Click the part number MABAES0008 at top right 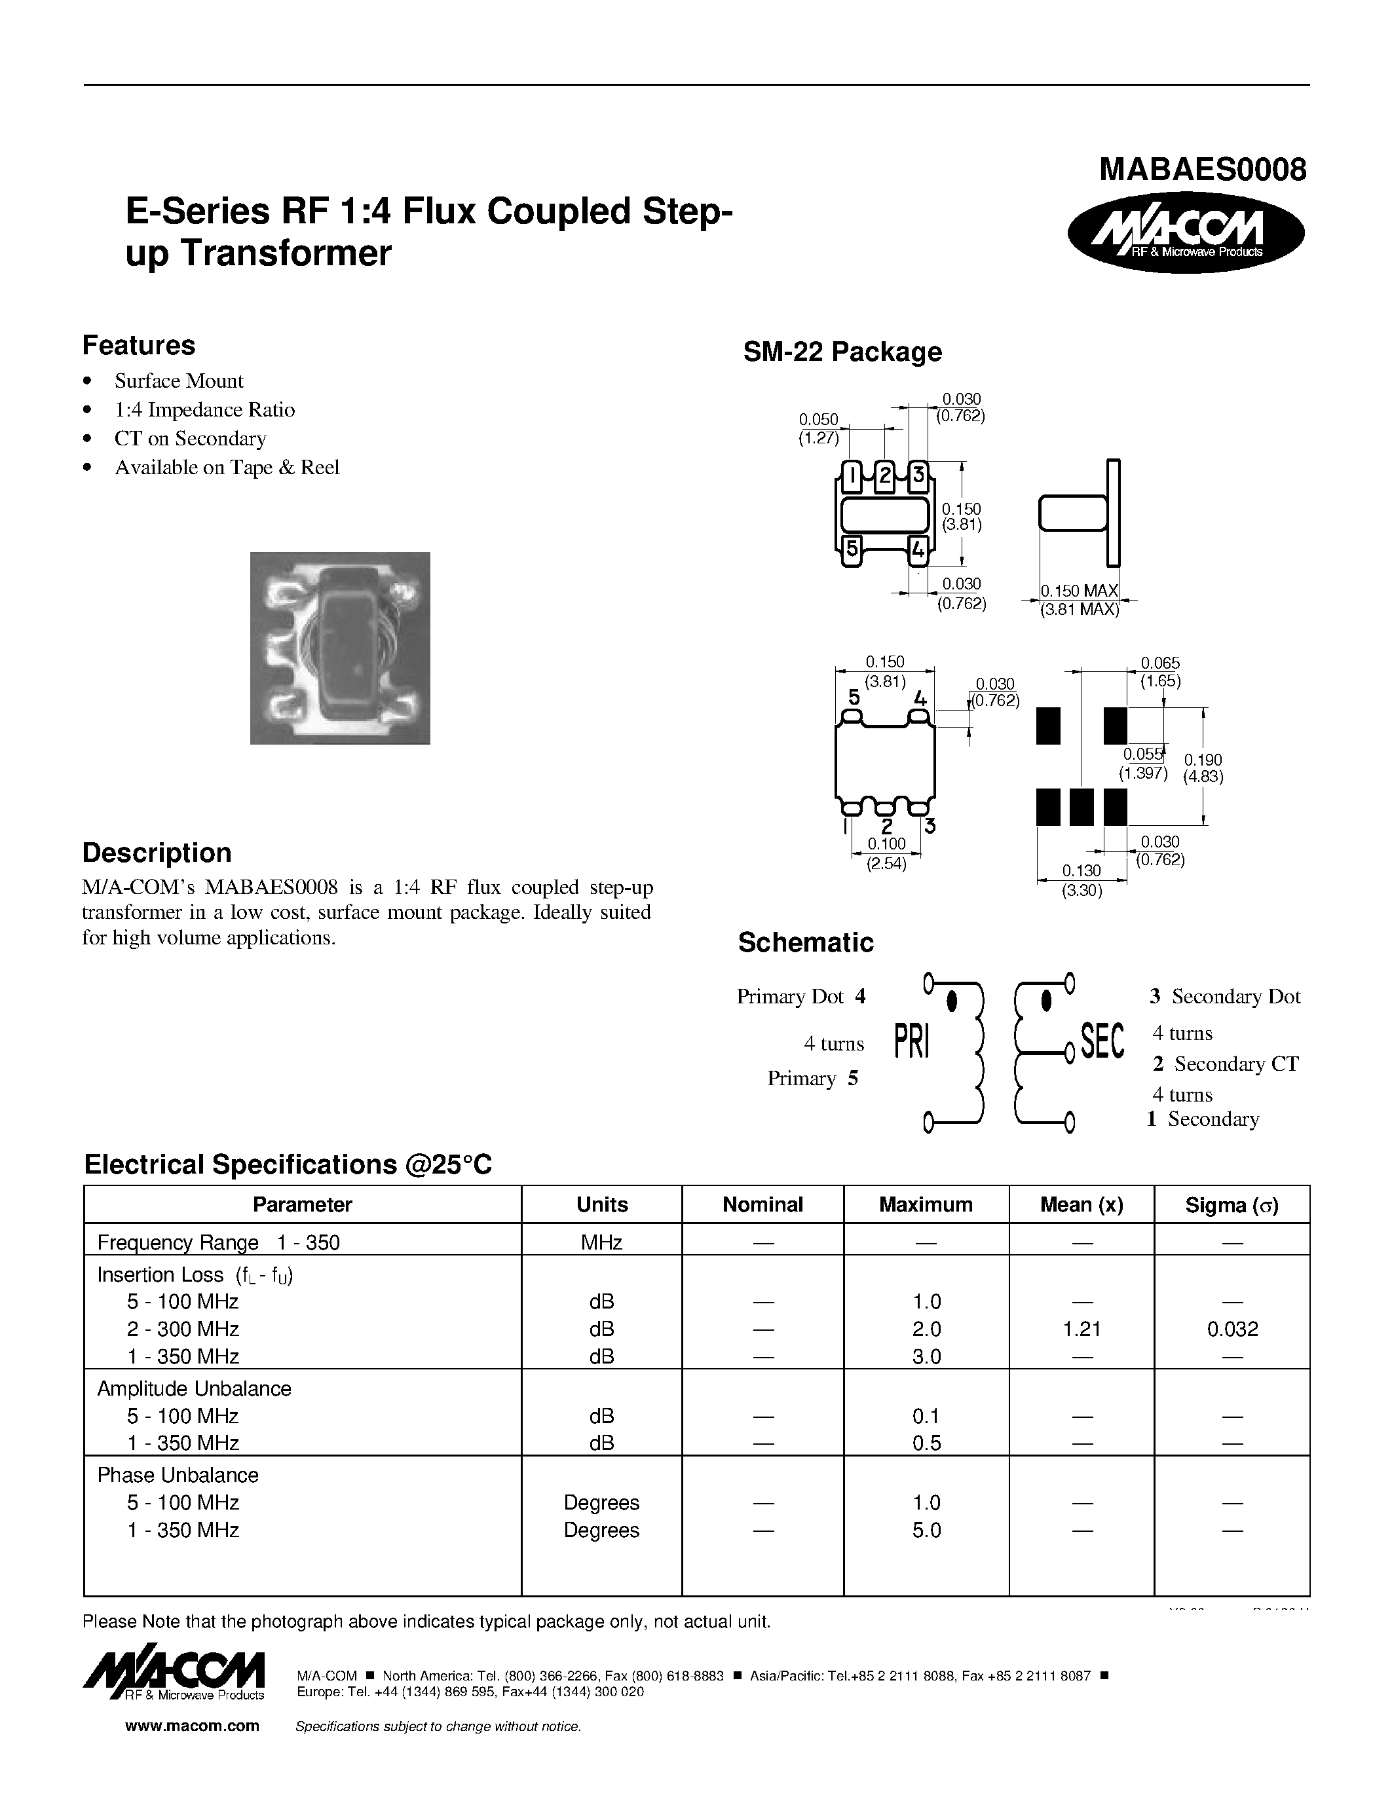pos(1202,170)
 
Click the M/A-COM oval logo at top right pos(1185,232)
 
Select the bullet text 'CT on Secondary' pos(190,439)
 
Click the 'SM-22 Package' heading pos(841,352)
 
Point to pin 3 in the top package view pos(917,475)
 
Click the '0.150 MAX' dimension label pos(1079,591)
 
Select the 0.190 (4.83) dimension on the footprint pos(1203,768)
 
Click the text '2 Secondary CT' pos(1226,1065)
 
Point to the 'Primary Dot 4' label pos(800,997)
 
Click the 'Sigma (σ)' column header pos(1232,1206)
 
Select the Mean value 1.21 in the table pos(1082,1329)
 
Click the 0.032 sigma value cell pos(1232,1329)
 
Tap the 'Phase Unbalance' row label pos(178,1476)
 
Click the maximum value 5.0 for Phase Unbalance pos(926,1531)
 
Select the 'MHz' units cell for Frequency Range pos(601,1243)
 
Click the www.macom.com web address pos(192,1726)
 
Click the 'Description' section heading pos(157,853)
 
